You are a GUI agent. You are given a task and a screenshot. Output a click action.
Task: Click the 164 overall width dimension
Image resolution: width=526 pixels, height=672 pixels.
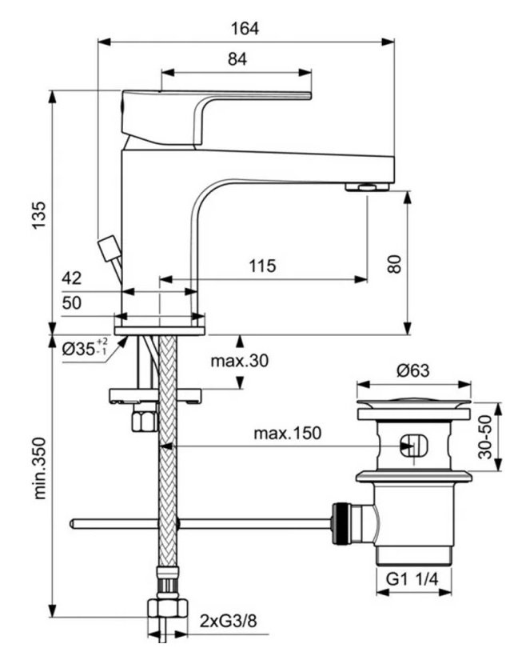pyautogui.click(x=245, y=28)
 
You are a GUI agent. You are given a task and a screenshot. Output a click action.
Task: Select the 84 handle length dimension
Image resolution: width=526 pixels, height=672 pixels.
pyautogui.click(x=237, y=58)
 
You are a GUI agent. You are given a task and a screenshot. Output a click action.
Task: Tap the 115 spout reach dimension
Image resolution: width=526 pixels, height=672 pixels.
pyautogui.click(x=262, y=266)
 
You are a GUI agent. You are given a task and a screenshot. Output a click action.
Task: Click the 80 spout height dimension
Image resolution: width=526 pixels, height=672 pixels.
pyautogui.click(x=393, y=263)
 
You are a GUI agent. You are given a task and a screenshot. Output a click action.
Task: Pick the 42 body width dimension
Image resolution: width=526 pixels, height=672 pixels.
pyautogui.click(x=71, y=278)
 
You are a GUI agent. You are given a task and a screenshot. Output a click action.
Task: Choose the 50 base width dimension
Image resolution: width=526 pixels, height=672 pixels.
pyautogui.click(x=71, y=302)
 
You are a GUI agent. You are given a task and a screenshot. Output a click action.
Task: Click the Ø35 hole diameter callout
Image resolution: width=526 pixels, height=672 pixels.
pyautogui.click(x=85, y=348)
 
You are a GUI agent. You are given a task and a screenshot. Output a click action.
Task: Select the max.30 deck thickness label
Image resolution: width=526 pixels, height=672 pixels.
pyautogui.click(x=240, y=361)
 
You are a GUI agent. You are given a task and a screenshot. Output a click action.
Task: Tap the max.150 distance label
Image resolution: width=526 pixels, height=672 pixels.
pyautogui.click(x=287, y=434)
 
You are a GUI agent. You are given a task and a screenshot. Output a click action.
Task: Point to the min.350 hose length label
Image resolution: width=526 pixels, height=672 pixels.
pyautogui.click(x=39, y=468)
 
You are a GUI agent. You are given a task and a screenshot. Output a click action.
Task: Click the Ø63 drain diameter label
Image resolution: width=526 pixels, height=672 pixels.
pyautogui.click(x=413, y=370)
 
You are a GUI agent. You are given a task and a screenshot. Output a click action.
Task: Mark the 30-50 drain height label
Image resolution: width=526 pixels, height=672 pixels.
pyautogui.click(x=485, y=437)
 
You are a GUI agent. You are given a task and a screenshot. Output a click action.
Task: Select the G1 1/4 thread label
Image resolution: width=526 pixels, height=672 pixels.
pyautogui.click(x=412, y=579)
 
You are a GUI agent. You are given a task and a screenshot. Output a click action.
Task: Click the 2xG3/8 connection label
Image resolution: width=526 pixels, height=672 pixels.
pyautogui.click(x=229, y=621)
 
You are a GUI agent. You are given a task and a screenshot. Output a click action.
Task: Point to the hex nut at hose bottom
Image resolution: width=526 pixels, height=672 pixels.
pyautogui.click(x=168, y=608)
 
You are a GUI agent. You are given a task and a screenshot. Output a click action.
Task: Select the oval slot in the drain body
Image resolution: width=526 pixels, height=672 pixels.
pyautogui.click(x=414, y=446)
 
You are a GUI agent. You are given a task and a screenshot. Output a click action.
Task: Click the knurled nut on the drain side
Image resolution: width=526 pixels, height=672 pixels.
pyautogui.click(x=342, y=523)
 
